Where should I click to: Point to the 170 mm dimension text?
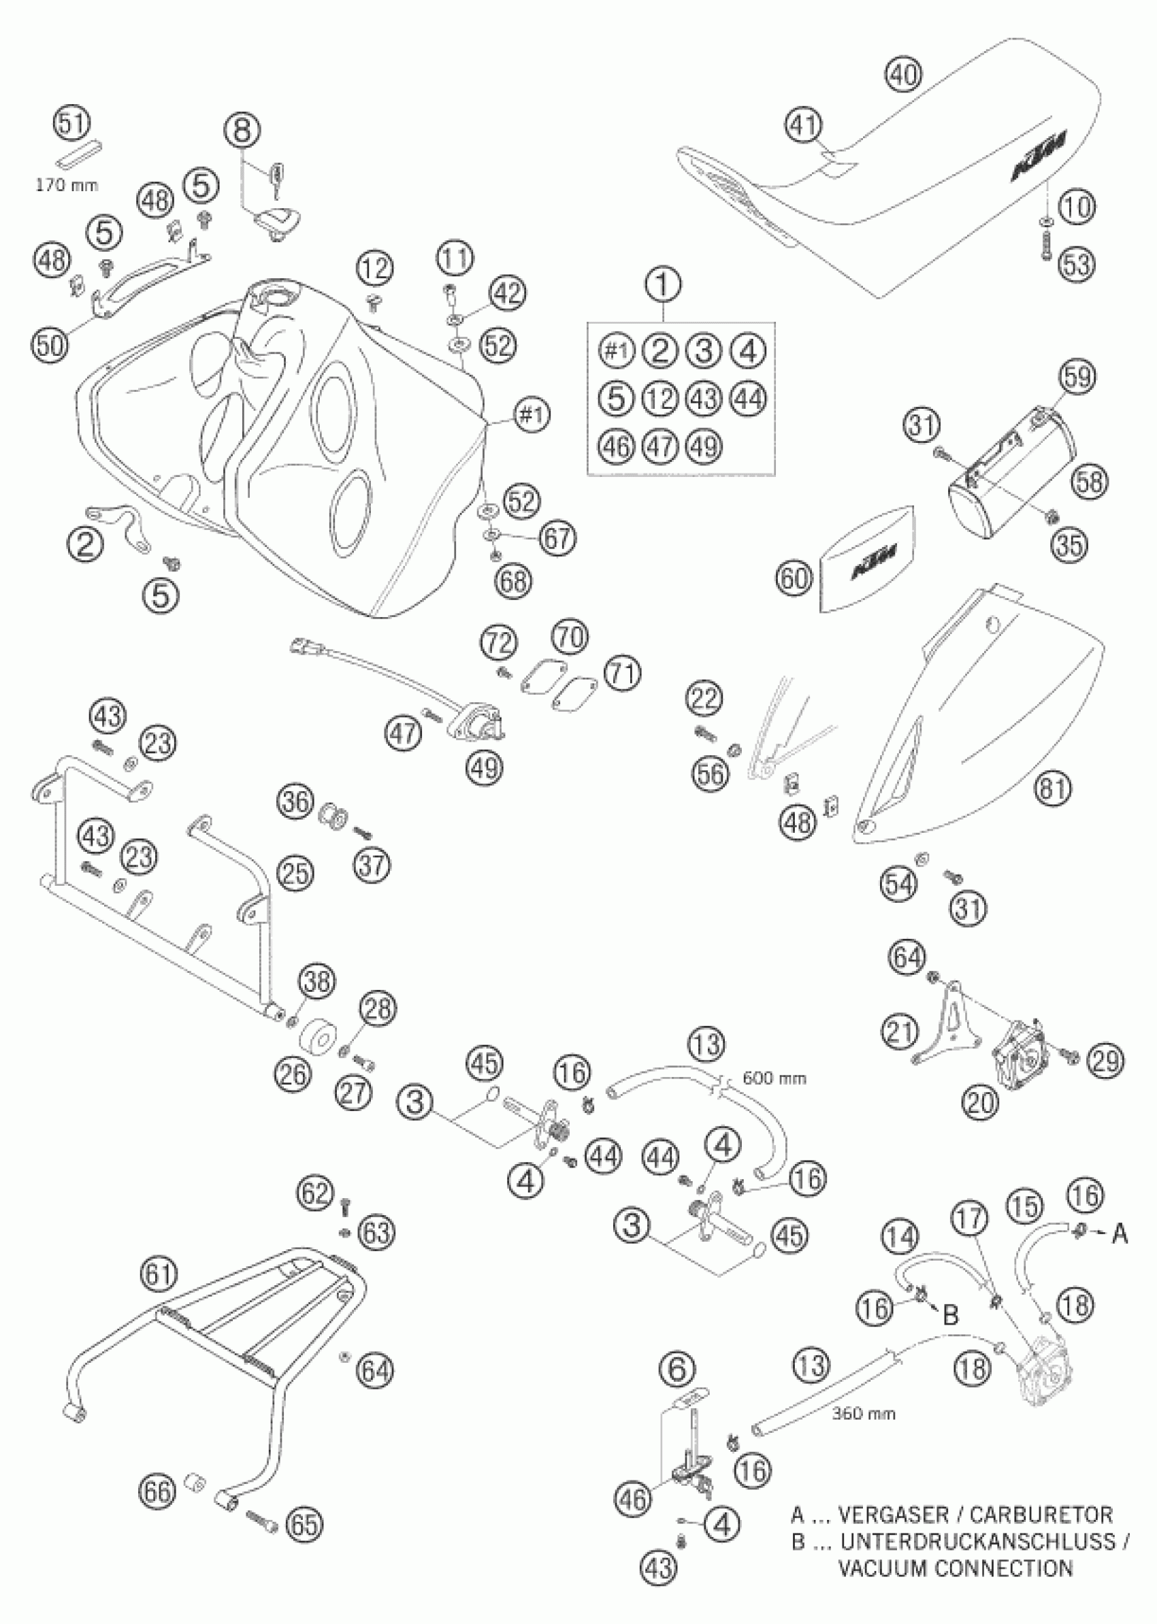pyautogui.click(x=67, y=185)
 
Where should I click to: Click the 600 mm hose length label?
pyautogui.click(x=775, y=1078)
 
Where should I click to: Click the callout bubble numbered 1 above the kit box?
pyautogui.click(x=664, y=284)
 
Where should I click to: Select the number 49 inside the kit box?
pyautogui.click(x=704, y=446)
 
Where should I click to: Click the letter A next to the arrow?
pyautogui.click(x=1120, y=1233)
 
